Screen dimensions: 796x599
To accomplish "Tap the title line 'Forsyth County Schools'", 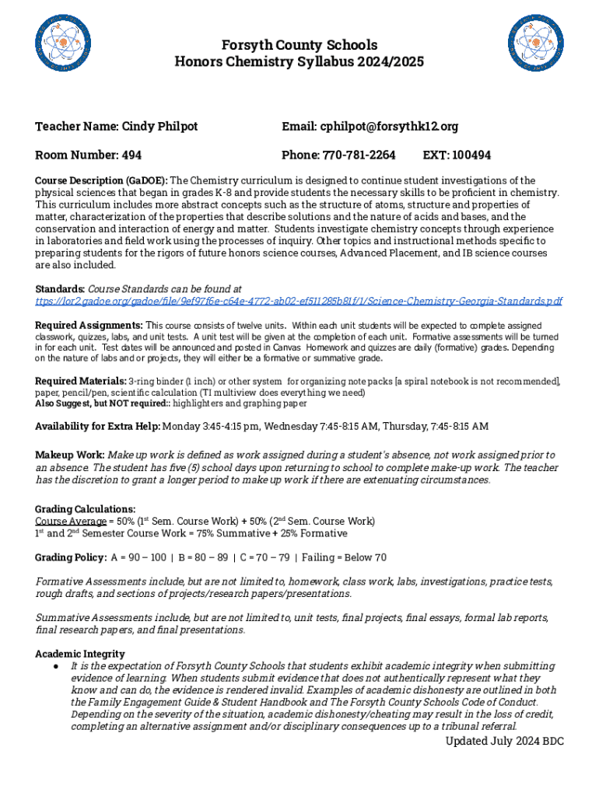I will coord(299,45).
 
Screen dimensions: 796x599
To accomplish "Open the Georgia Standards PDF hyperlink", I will coord(299,301).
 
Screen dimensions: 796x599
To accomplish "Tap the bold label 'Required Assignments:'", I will coord(89,325).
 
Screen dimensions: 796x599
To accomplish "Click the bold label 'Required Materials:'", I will coord(81,381).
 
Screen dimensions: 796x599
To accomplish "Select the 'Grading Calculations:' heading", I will coord(86,509).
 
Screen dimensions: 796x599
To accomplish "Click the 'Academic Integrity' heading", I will coord(80,654).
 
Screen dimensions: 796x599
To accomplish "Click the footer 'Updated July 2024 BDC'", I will coord(504,741).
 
